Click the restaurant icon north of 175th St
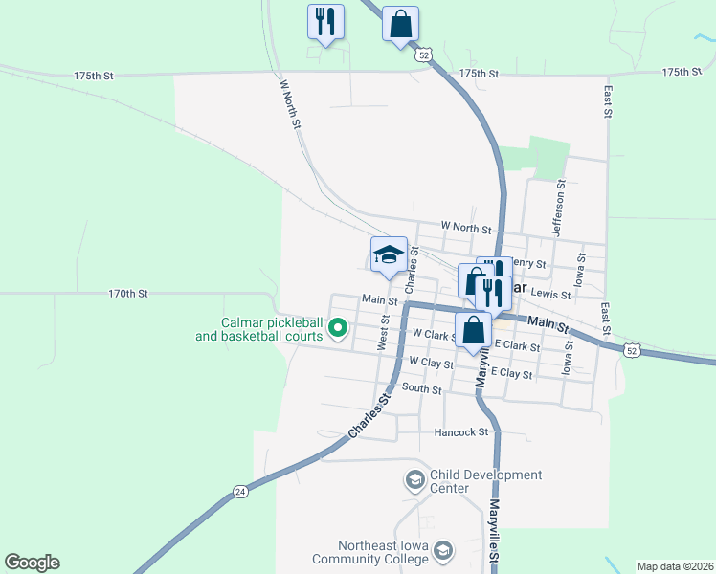pyautogui.click(x=324, y=21)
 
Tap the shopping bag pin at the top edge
pyautogui.click(x=400, y=24)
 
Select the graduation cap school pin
pyautogui.click(x=389, y=254)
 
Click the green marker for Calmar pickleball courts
pyautogui.click(x=337, y=329)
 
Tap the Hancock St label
pyautogui.click(x=461, y=432)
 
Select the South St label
pyautogui.click(x=421, y=389)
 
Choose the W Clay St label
pyautogui.click(x=430, y=363)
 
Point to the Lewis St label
pyautogui.click(x=549, y=295)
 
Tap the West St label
pyautogui.click(x=383, y=337)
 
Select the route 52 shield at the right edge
pyautogui.click(x=631, y=350)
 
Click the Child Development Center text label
pyautogui.click(x=485, y=481)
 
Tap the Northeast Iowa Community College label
pyautogui.click(x=369, y=552)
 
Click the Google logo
pyautogui.click(x=32, y=563)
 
